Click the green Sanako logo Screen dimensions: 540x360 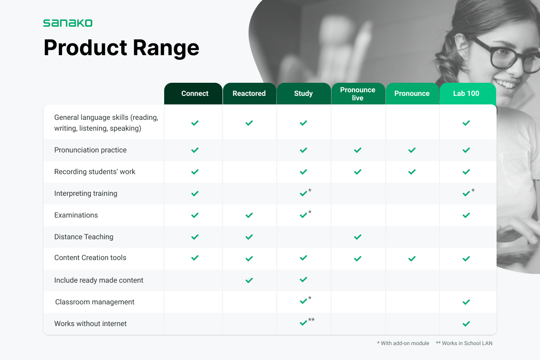pos(68,23)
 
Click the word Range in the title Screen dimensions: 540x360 pos(166,48)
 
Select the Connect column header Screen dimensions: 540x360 pos(194,93)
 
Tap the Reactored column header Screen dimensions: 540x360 pos(249,93)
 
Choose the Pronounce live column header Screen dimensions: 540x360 pos(358,94)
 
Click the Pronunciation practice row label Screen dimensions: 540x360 pos(90,150)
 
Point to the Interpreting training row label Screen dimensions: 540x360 pos(86,193)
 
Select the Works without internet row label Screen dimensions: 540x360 pos(90,323)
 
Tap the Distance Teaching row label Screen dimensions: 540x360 pos(84,237)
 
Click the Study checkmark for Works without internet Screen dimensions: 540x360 pos(303,323)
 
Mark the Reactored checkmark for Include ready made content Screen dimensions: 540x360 pos(249,280)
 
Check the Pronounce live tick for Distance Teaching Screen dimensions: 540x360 pos(358,237)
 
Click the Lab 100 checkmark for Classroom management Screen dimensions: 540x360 pos(466,302)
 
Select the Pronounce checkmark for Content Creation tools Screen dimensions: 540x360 pos(412,259)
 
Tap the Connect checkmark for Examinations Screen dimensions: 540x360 pos(195,215)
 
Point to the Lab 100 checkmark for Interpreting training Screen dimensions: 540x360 pos(466,194)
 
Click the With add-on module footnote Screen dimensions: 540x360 pos(403,343)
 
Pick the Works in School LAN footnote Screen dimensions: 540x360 pos(464,343)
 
